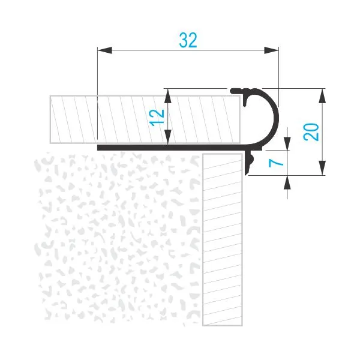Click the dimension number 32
point(188,40)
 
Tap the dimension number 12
point(157,118)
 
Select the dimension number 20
point(311,132)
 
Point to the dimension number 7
point(276,163)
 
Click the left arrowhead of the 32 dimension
point(104,50)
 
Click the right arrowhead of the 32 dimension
point(271,50)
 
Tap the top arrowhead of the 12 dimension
point(168,96)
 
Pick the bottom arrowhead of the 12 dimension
point(168,137)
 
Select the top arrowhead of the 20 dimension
point(322,96)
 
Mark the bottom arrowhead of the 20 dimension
point(322,168)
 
